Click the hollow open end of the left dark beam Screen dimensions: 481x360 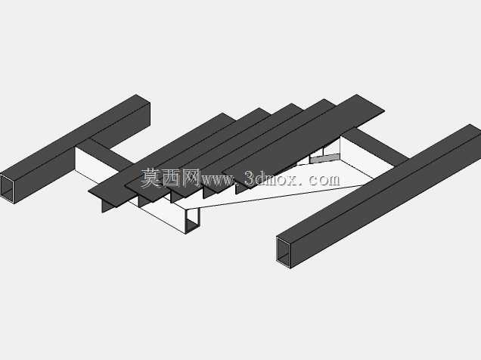click(8, 188)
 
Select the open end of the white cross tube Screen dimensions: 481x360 click(193, 221)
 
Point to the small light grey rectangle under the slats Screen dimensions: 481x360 click(324, 159)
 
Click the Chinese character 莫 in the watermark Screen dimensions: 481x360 click(151, 178)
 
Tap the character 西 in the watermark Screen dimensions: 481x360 click(171, 178)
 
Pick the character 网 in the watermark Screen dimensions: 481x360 click(191, 178)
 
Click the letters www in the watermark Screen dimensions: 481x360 click(218, 180)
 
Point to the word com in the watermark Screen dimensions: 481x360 click(324, 180)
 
